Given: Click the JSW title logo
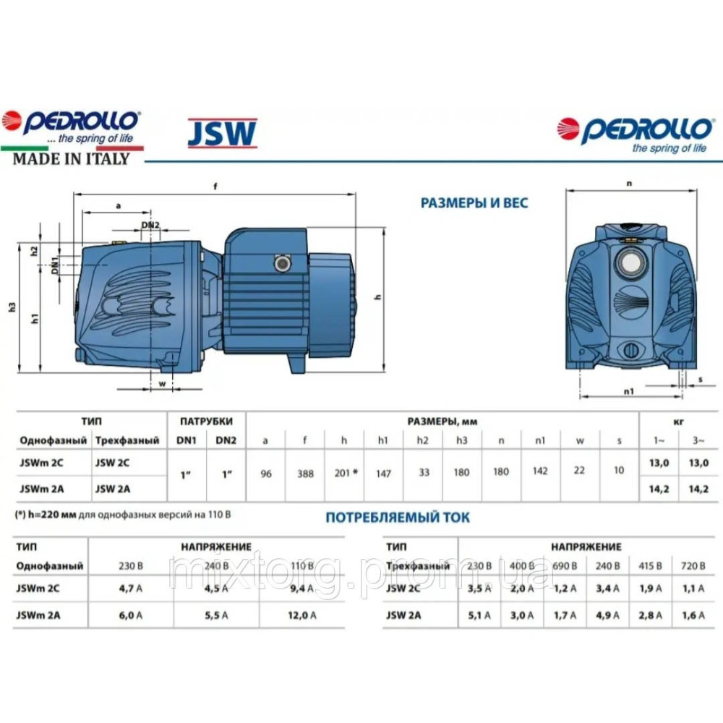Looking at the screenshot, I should click(222, 134).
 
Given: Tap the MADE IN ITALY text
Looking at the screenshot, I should click(71, 159).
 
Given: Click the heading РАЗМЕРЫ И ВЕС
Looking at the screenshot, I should click(474, 203).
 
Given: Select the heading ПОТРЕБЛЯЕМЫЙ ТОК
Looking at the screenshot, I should click(397, 517).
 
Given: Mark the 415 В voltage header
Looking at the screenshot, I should click(648, 565).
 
